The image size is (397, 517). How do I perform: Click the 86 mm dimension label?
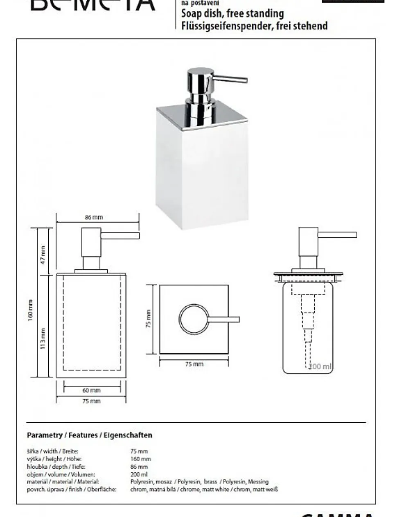coord(94,217)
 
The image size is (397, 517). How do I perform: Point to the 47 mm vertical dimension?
coord(43,255)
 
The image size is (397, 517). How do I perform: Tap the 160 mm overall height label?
coord(31,310)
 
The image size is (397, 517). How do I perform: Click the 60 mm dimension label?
coord(91,390)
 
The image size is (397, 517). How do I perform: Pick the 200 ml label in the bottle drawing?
coord(320,366)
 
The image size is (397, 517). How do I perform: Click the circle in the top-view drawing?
coord(193,319)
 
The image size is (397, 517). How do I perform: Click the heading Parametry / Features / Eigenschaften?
coord(89,435)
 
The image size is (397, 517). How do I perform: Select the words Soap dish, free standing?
coord(232,14)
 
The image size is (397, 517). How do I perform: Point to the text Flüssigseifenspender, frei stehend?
coord(254,26)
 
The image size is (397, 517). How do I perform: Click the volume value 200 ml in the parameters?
coord(139,474)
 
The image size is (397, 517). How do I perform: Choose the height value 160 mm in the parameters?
coord(140,459)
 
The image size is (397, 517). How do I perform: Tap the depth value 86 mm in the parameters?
coord(139,467)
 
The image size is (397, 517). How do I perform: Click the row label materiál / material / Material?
coord(63,482)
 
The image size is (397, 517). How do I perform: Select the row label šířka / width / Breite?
coord(52,451)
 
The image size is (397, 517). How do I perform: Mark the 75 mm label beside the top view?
coord(149,319)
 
